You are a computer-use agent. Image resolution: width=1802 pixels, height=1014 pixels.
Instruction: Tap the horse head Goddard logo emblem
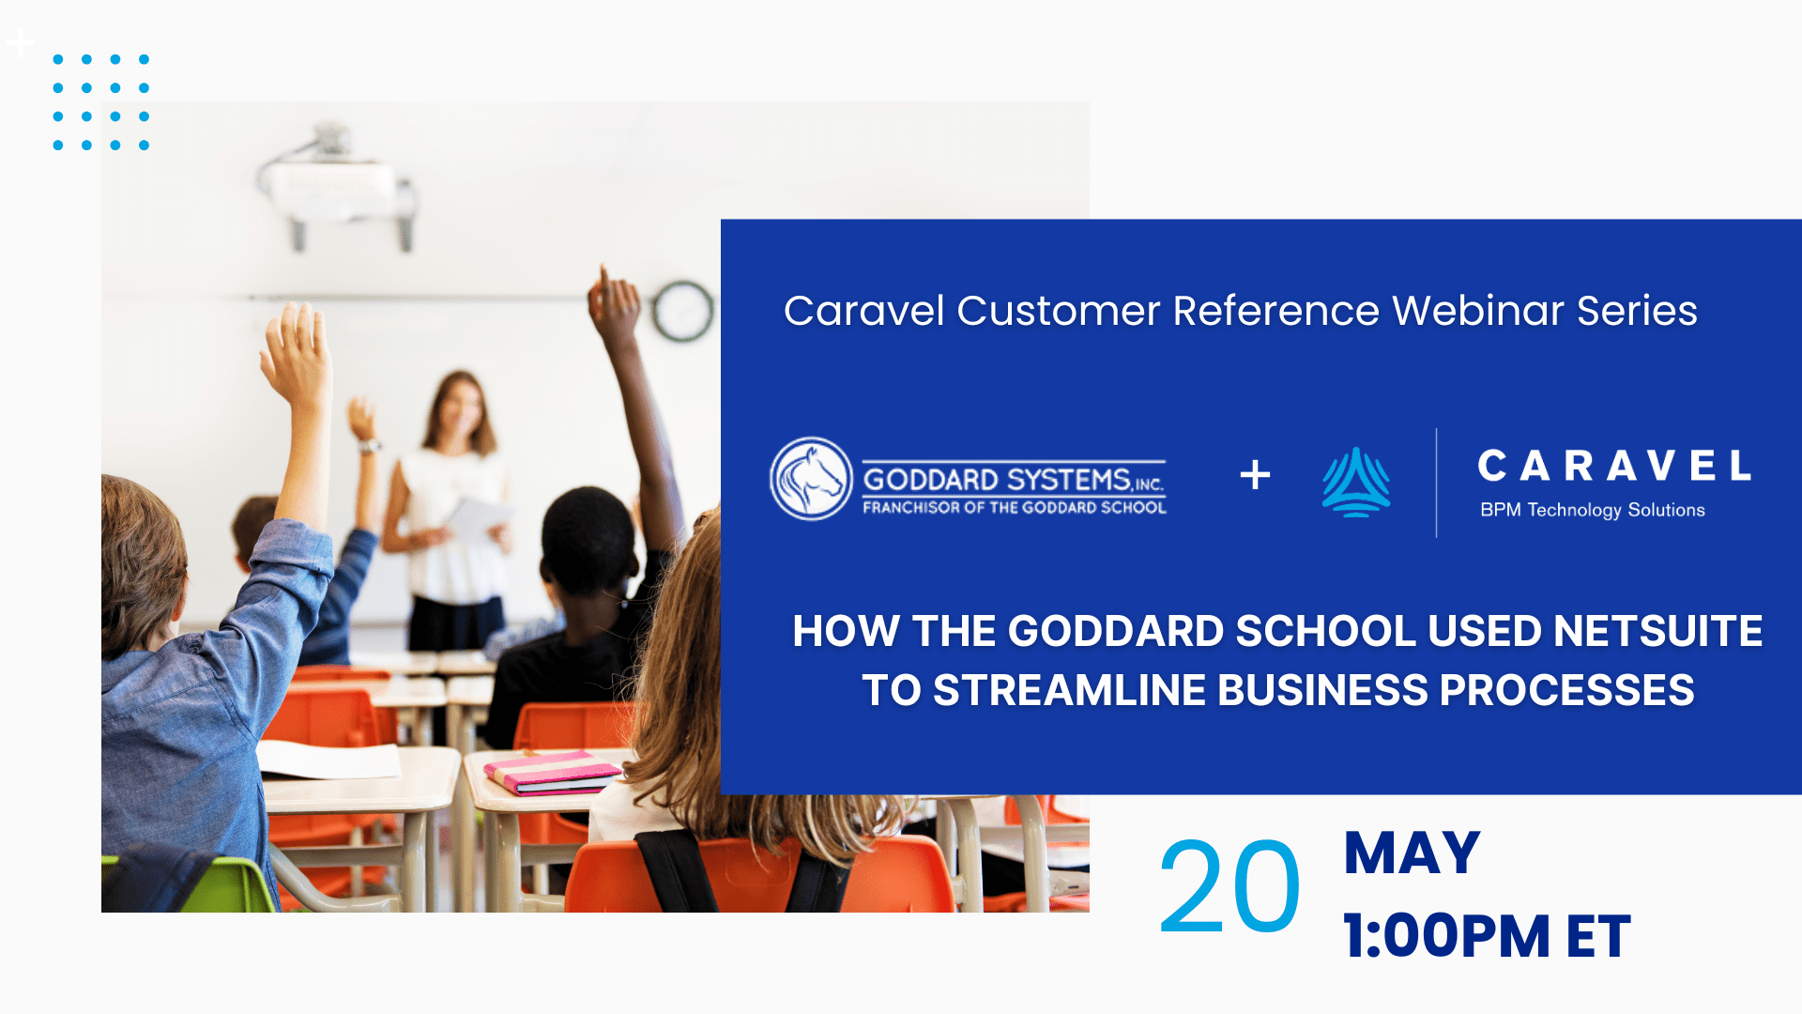811,479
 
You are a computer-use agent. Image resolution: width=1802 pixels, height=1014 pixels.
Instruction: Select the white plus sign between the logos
1255,475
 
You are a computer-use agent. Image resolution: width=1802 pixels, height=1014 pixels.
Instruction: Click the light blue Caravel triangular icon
1356,483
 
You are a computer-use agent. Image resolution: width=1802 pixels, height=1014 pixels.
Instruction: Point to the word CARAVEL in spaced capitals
1614,466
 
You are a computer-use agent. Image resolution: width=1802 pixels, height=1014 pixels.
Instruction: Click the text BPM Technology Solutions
1593,510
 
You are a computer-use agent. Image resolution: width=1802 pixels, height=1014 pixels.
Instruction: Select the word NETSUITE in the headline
1658,631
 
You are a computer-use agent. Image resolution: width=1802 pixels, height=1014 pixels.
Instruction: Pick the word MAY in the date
1412,853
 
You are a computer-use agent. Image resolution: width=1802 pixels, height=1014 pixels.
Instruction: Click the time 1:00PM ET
1487,936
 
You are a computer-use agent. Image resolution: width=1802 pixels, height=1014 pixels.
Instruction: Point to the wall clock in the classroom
682,311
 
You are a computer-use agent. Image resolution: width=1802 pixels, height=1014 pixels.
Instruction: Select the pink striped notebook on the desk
553,771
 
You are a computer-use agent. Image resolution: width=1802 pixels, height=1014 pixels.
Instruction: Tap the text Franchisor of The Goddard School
1015,508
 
